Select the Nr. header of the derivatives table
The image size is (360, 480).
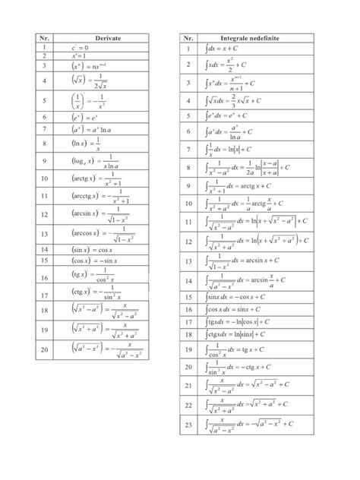(35, 36)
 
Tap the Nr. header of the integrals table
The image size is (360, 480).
(188, 36)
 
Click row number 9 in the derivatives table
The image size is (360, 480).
(35, 160)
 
